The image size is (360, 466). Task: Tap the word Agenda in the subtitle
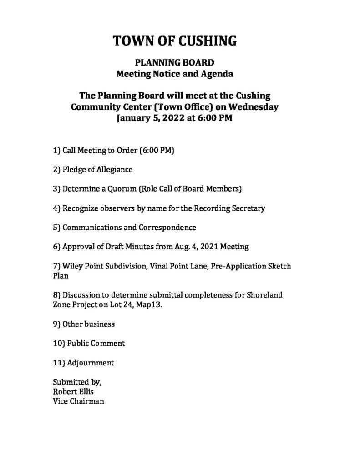point(219,73)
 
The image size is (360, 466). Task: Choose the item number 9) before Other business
point(57,324)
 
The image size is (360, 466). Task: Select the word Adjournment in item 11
point(90,363)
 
